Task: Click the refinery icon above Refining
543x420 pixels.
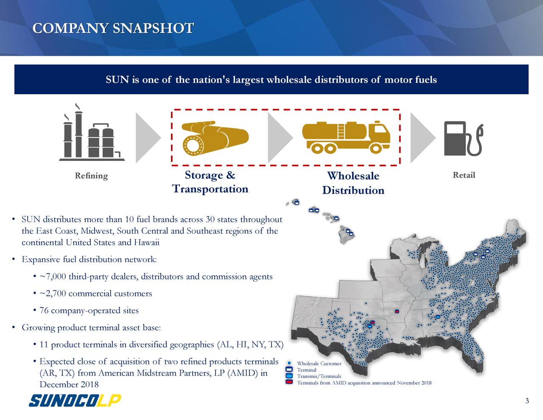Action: tap(92, 134)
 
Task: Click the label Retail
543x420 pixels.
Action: tap(464, 175)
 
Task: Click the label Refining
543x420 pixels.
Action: tap(91, 176)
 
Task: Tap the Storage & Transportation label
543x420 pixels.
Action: tap(210, 182)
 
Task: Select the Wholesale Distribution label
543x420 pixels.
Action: tap(353, 183)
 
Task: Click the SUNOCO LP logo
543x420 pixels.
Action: tap(75, 400)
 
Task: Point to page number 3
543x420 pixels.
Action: tap(527, 401)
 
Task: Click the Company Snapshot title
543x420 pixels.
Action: tap(113, 28)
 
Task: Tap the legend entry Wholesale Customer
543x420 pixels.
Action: tap(319, 364)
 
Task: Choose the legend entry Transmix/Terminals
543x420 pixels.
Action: tap(319, 376)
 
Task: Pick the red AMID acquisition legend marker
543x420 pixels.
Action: tap(289, 382)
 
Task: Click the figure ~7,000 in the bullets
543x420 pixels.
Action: tap(53, 277)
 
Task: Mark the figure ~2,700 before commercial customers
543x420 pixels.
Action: tap(53, 294)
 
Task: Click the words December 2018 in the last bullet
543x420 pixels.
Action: tap(69, 385)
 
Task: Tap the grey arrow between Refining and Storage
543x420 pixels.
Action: tap(148, 138)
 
